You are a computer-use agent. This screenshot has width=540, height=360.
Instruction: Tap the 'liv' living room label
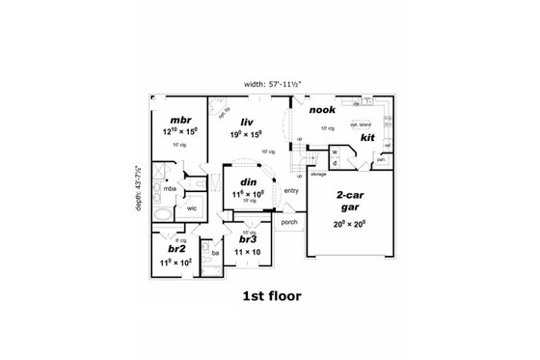[233, 121]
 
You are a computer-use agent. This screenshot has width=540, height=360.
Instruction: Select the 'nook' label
[322, 110]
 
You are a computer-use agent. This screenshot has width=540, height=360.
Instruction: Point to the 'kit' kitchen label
[367, 137]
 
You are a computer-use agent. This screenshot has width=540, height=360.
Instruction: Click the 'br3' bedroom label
[248, 240]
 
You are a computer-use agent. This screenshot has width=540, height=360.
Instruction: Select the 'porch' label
[287, 224]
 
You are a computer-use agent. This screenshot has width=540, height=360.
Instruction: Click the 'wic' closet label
[192, 208]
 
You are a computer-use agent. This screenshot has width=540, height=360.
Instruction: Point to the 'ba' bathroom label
[217, 254]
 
